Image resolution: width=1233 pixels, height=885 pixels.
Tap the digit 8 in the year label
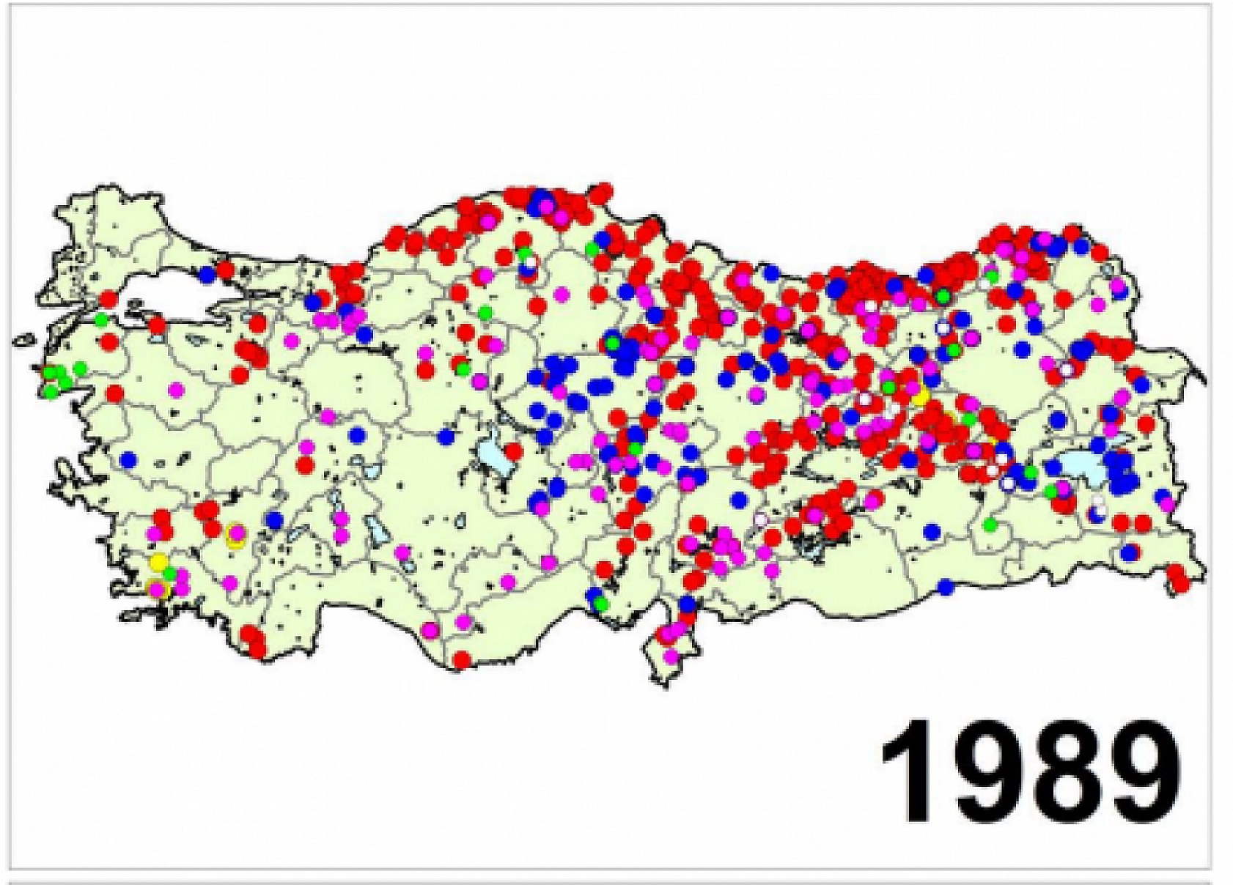pyautogui.click(x=1056, y=772)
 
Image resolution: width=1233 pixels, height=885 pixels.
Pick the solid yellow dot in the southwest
pyautogui.click(x=158, y=563)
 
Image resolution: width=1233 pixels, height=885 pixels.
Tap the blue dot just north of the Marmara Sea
pyautogui.click(x=207, y=275)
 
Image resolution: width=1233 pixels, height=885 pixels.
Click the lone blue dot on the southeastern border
pyautogui.click(x=946, y=586)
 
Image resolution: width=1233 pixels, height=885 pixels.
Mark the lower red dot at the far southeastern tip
pyautogui.click(x=1181, y=584)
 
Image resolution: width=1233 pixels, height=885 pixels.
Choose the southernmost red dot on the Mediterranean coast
pyautogui.click(x=461, y=659)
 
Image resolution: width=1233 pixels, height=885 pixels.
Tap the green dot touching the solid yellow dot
pyautogui.click(x=170, y=572)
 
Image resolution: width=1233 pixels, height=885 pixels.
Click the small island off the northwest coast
pyautogui.click(x=25, y=340)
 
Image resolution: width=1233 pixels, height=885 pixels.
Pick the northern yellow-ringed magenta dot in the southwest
pyautogui.click(x=235, y=533)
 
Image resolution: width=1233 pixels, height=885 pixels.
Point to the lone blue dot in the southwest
pyautogui.click(x=274, y=520)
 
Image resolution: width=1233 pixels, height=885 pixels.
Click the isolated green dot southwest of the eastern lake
pyautogui.click(x=990, y=525)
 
